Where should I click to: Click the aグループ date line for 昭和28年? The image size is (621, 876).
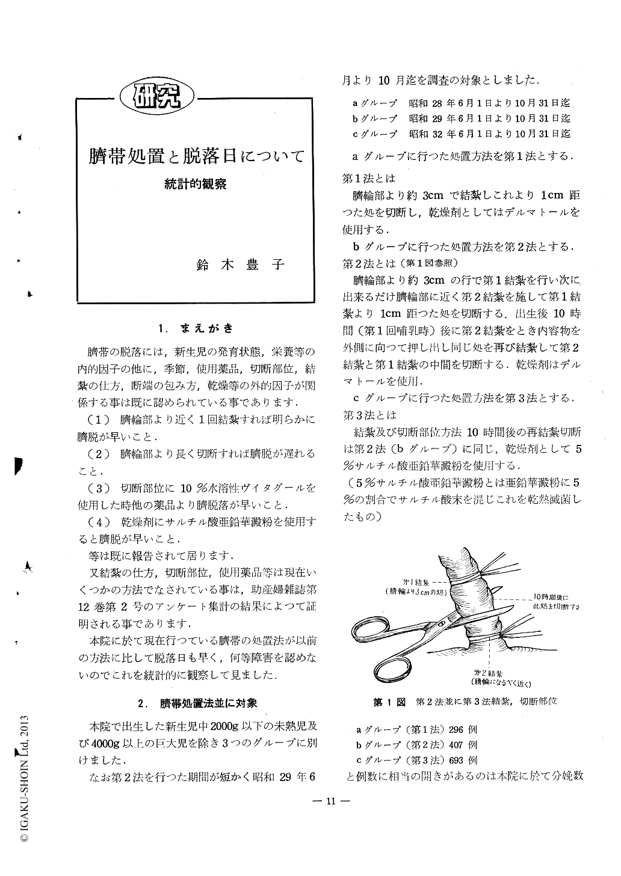coord(462,103)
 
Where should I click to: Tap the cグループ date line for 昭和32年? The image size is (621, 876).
coord(462,134)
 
